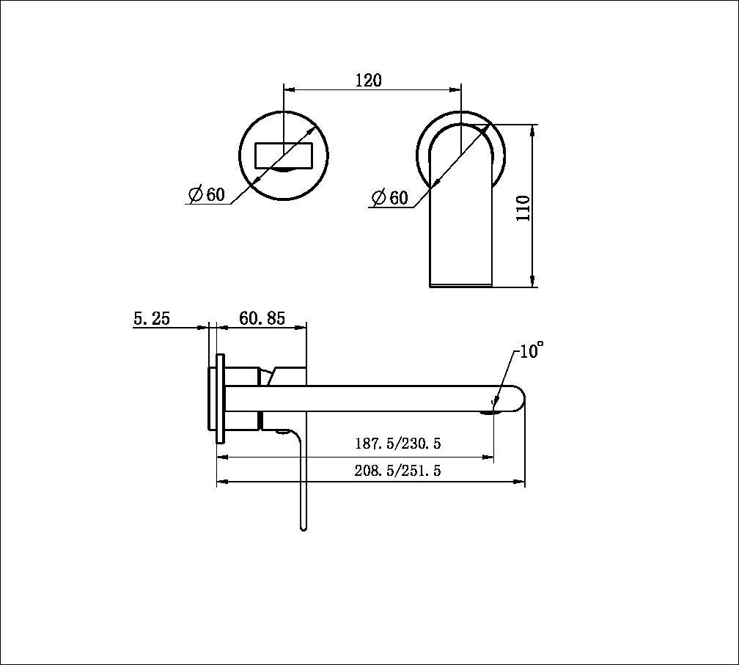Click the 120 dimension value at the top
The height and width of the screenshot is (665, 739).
(x=369, y=80)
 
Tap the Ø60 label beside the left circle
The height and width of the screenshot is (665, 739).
(x=207, y=195)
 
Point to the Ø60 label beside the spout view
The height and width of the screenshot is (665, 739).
(x=389, y=198)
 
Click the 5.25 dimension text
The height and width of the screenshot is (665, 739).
(x=152, y=318)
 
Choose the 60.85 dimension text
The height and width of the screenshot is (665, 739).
(x=262, y=318)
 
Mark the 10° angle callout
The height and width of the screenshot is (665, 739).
(x=532, y=351)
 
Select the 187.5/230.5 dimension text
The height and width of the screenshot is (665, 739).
(x=398, y=444)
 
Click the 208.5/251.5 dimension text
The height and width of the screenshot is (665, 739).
(x=398, y=471)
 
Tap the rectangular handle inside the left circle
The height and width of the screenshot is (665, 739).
(x=284, y=155)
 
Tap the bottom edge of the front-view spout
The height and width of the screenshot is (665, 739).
(x=460, y=286)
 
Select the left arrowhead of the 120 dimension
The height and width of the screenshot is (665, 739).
(x=288, y=90)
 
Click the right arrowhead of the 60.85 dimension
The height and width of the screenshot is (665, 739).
(x=302, y=328)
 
